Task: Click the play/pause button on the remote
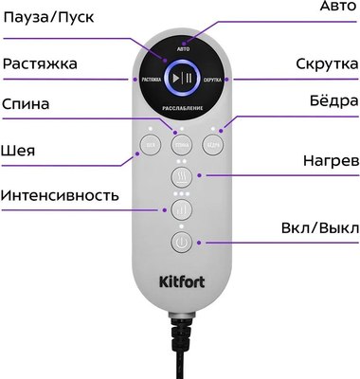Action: (181, 79)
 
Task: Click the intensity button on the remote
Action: (181, 208)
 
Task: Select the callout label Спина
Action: (28, 103)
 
